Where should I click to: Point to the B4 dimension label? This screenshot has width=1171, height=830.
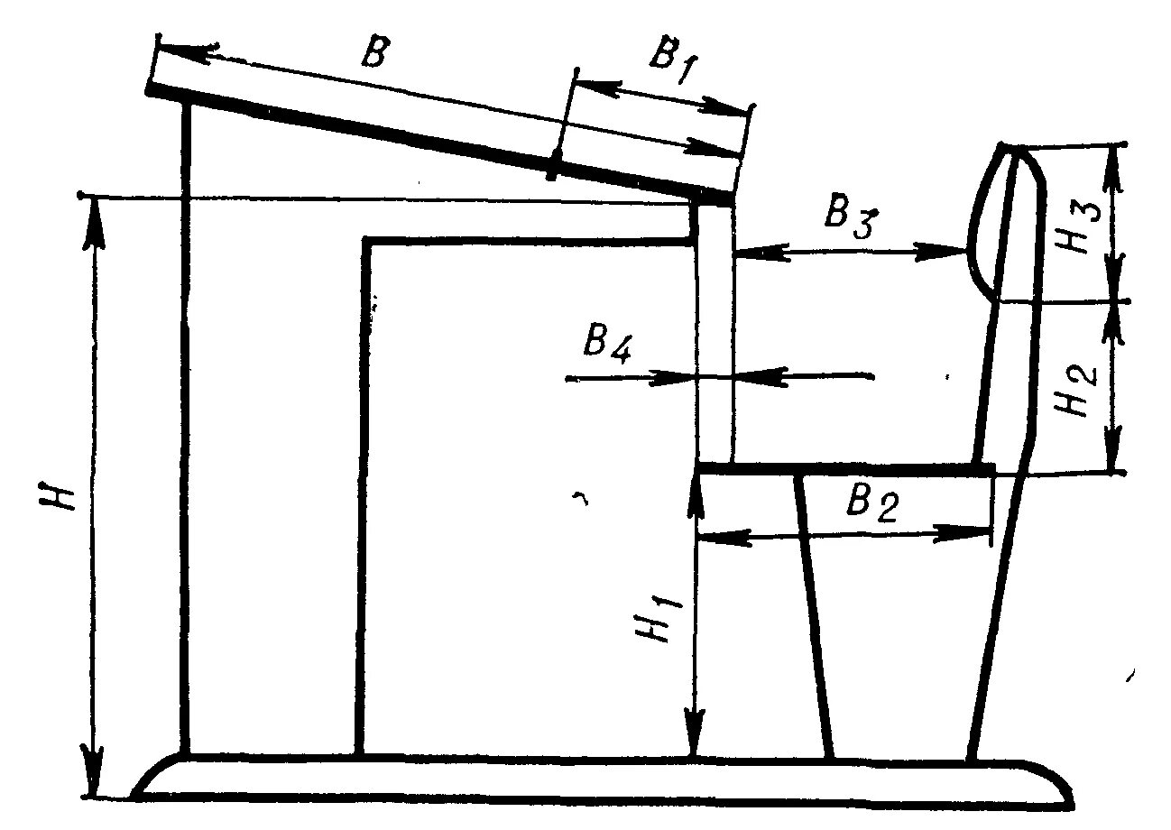click(x=605, y=344)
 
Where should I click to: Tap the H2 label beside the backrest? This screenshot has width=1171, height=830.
click(x=1079, y=389)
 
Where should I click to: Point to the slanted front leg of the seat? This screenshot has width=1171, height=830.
click(x=814, y=613)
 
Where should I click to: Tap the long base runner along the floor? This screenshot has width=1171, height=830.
click(x=604, y=778)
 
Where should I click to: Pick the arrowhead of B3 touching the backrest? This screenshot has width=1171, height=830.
click(x=943, y=254)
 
